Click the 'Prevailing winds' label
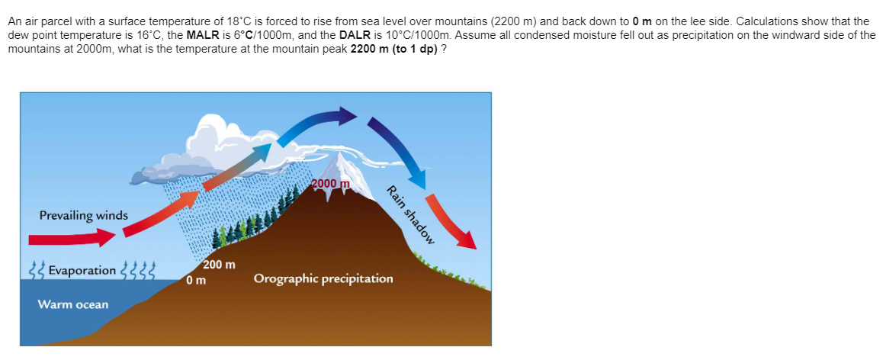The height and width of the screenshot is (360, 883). coord(84,215)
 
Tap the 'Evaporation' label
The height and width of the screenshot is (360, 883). coord(82,271)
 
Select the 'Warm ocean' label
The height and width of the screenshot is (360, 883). coord(72,304)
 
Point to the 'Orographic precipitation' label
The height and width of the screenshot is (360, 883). coord(323,279)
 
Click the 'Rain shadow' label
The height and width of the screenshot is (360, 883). coord(411,214)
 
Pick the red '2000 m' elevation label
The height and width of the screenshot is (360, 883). coord(331,184)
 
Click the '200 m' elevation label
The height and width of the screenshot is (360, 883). coord(220,265)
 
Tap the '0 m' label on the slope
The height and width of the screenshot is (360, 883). coord(197,279)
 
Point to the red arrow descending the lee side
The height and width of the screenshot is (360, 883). coord(451,221)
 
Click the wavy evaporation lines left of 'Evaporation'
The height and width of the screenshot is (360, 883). coord(37,270)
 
